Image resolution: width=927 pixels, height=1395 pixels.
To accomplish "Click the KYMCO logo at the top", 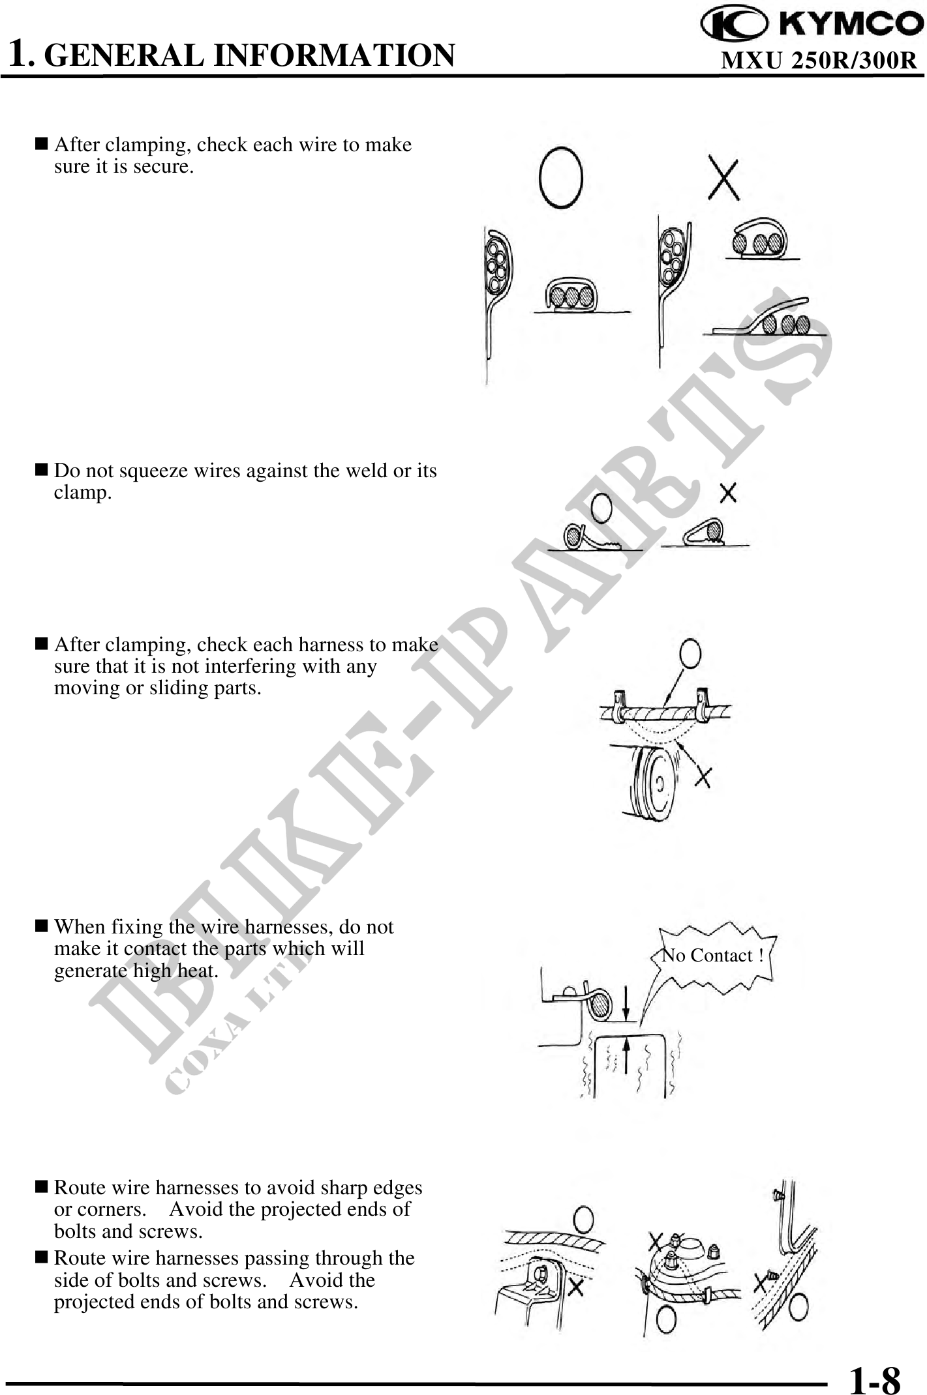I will coord(812,24).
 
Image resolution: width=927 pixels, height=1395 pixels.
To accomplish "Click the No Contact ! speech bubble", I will coord(712,956).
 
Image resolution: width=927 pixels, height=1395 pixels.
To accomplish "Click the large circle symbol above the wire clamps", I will coord(560,177).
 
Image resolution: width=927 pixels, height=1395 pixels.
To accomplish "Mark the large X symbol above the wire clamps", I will coord(724,179).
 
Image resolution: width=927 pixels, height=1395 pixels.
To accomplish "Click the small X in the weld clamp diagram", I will coord(728,493).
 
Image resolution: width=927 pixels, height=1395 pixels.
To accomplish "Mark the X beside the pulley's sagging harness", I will coord(702,776).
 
